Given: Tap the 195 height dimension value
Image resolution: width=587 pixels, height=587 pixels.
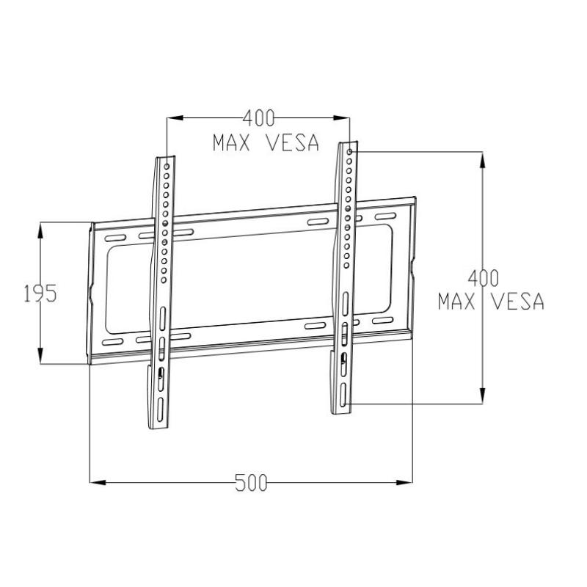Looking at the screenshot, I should click(x=40, y=293).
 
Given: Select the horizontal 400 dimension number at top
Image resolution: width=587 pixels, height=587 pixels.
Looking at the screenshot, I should click(x=258, y=117).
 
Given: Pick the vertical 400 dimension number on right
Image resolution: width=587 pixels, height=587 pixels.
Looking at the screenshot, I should click(x=484, y=277).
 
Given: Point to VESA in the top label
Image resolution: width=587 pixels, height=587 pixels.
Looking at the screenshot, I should click(x=293, y=142).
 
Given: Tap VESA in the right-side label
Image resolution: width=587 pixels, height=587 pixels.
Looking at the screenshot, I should click(x=518, y=301).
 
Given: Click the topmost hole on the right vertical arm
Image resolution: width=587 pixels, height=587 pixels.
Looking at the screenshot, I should click(x=351, y=153).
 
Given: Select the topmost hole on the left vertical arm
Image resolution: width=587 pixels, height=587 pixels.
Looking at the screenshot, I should click(x=167, y=167).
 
